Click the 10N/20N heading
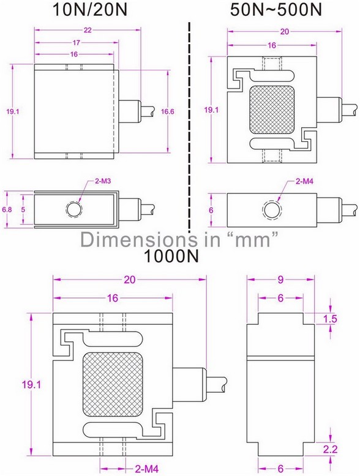point(90,10)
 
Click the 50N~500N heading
point(276,10)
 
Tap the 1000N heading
point(171,256)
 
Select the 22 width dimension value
point(88,30)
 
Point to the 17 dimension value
point(76,43)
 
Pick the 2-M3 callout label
point(103,181)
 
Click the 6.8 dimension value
point(7,209)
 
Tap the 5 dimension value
point(24,209)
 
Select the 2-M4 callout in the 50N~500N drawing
point(305,181)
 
